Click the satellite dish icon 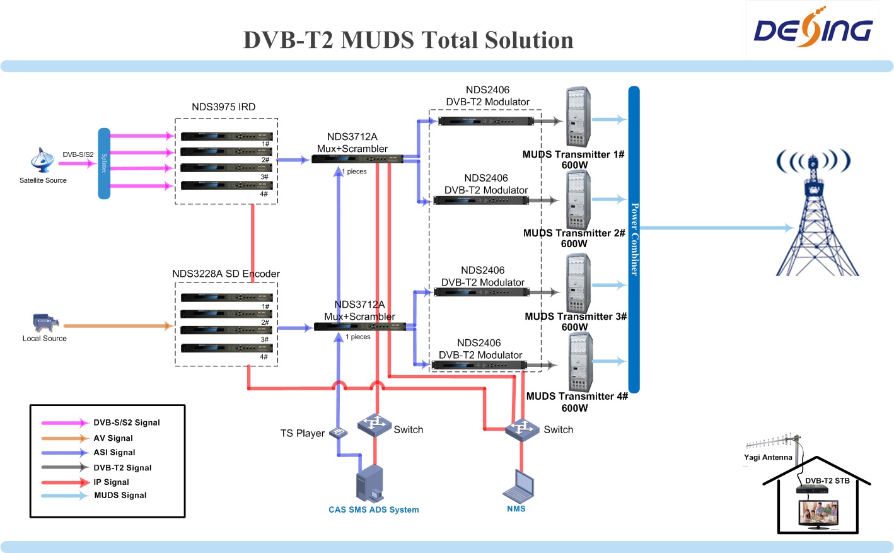point(42,160)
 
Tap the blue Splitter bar point(104,163)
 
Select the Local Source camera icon point(45,322)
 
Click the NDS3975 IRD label point(223,107)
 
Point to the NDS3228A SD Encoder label point(226,274)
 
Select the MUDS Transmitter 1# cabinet point(577,117)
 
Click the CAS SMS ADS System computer point(369,484)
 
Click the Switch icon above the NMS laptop point(522,429)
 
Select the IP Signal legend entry point(111,482)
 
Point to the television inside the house point(818,513)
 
